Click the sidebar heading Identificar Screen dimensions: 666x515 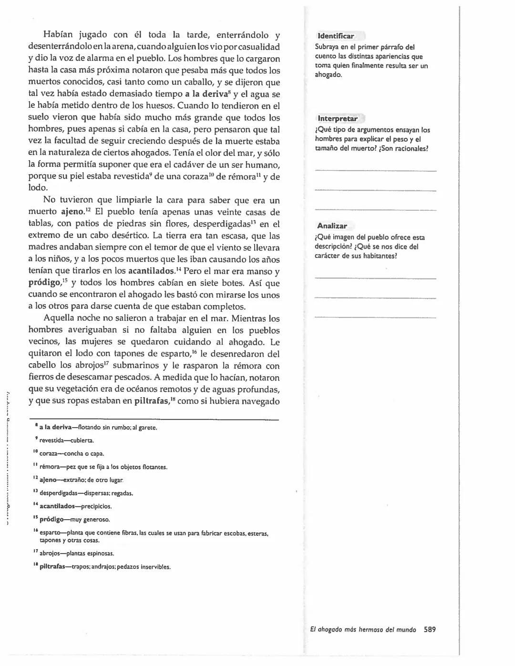point(336,36)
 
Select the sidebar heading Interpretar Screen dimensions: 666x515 point(337,119)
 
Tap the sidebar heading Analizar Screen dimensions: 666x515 point(332,226)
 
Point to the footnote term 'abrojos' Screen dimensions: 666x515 point(51,553)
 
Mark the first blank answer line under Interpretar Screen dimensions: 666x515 point(375,170)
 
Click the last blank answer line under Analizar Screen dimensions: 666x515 point(375,317)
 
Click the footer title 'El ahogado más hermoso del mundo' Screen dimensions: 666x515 point(360,629)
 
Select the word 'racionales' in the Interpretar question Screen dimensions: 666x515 point(411,148)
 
